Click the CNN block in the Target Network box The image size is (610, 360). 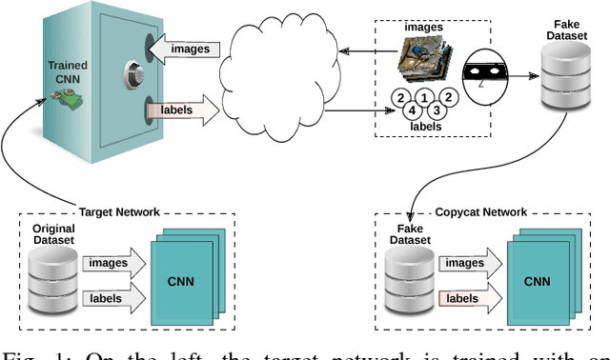(x=184, y=281)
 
